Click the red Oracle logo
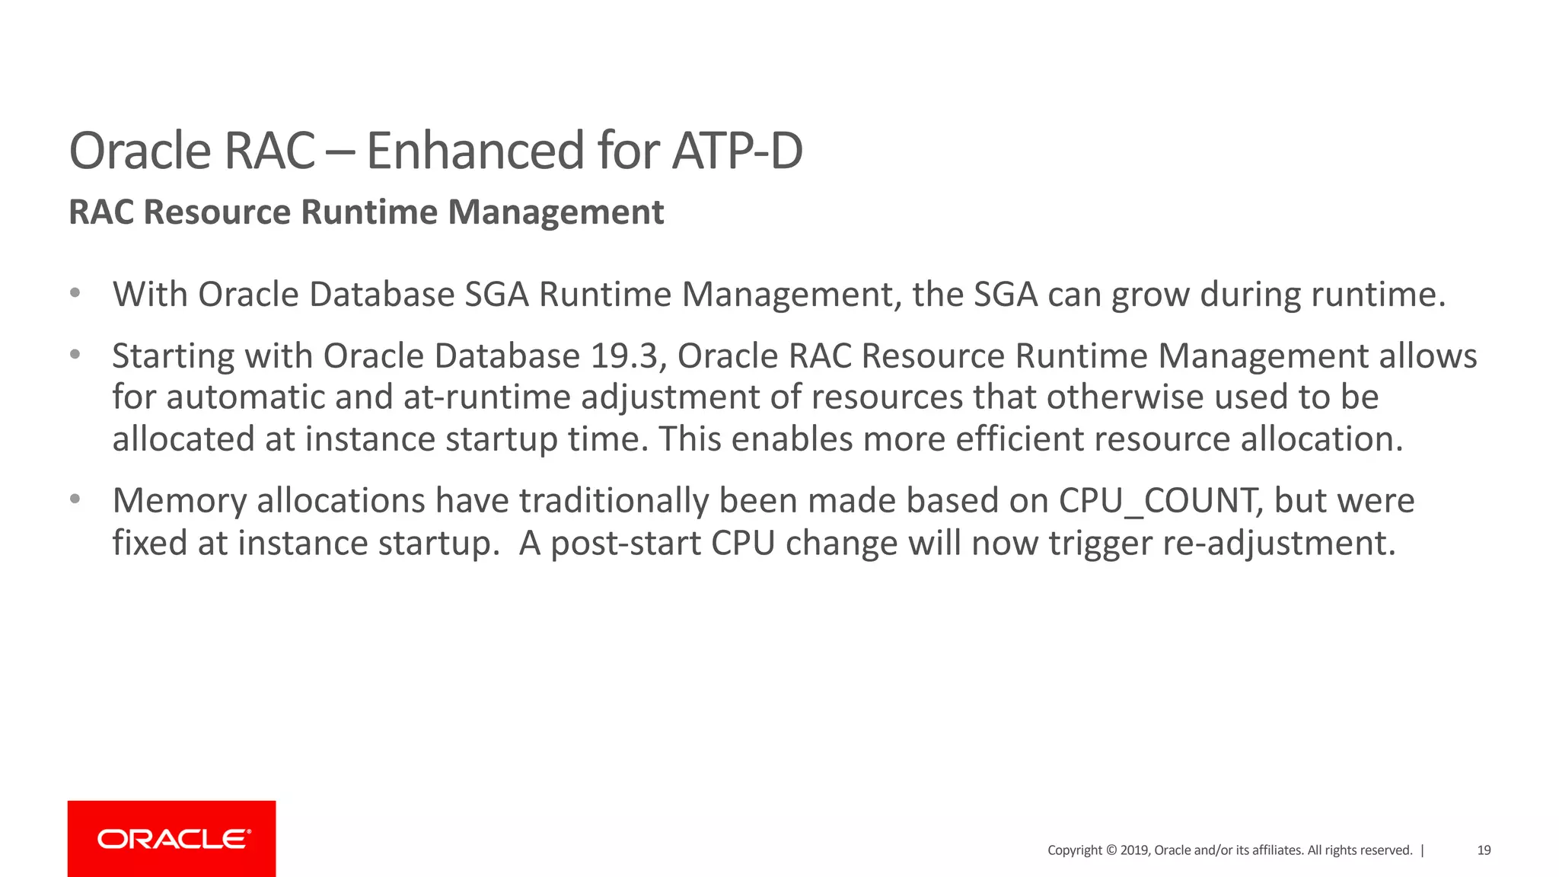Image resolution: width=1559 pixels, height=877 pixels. click(x=172, y=838)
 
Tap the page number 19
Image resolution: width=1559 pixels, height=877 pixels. click(x=1484, y=850)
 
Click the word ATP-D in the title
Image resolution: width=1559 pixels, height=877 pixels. click(x=737, y=151)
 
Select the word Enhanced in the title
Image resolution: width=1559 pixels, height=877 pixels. click(x=475, y=151)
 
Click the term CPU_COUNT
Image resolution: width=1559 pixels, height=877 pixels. click(x=1157, y=501)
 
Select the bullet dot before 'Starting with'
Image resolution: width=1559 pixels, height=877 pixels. click(x=75, y=355)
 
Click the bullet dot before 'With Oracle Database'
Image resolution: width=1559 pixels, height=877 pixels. click(x=75, y=293)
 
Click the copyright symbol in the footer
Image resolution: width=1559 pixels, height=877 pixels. click(x=1111, y=850)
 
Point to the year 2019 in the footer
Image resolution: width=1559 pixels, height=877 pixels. click(x=1134, y=850)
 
